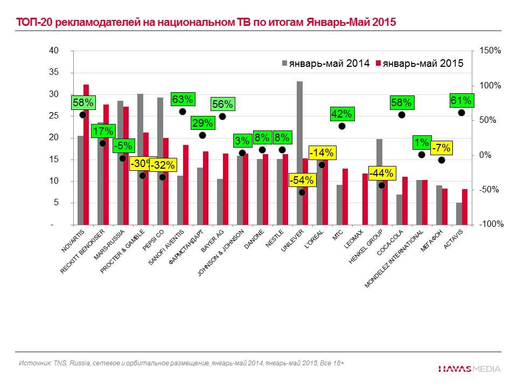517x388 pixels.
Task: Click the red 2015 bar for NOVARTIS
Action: [86, 156]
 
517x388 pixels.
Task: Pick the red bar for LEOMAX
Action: [365, 199]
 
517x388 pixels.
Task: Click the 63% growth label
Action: [182, 99]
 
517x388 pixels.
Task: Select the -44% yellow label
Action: [381, 174]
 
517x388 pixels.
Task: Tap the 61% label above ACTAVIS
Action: [461, 100]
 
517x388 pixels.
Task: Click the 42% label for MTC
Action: [341, 114]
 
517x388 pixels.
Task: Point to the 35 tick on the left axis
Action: [54, 72]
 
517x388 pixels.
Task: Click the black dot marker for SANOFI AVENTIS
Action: [182, 112]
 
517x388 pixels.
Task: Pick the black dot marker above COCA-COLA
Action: [401, 115]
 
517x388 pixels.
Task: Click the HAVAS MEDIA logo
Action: [469, 369]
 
